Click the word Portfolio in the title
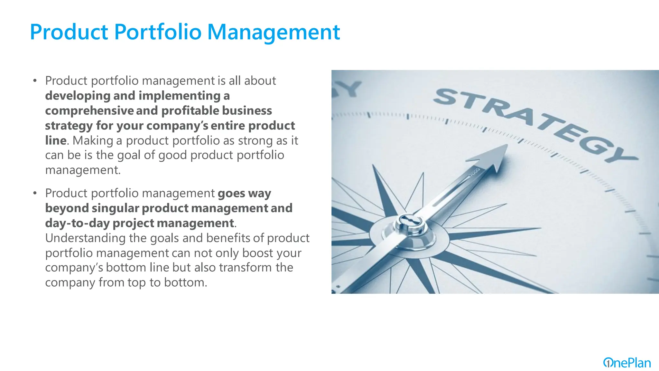point(158,32)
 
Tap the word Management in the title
point(273,33)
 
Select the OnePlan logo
point(627,363)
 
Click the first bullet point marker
point(35,81)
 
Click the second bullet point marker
point(35,193)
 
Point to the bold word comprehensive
point(89,111)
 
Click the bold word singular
point(115,208)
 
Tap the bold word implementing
point(180,96)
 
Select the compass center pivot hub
point(409,222)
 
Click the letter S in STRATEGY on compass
point(449,97)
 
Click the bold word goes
point(231,194)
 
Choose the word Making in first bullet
point(93,141)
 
